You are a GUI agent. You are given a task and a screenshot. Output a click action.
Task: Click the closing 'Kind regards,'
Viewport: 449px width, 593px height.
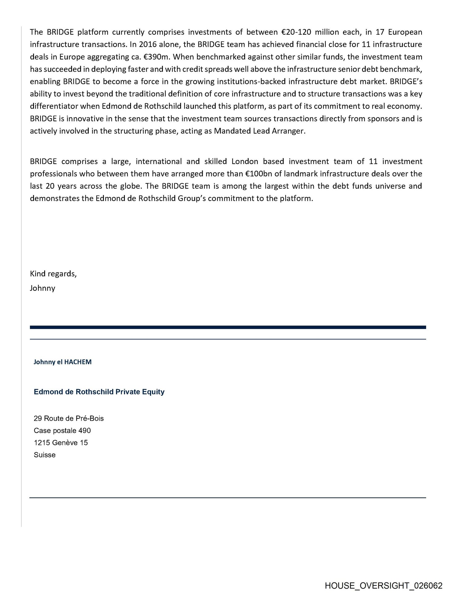(53, 274)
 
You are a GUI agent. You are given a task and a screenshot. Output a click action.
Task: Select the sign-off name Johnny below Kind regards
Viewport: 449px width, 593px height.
(42, 288)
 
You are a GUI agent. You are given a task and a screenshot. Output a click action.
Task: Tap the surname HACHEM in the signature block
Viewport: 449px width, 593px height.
(78, 362)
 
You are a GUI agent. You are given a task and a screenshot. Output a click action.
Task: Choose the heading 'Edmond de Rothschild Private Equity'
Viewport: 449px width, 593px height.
(99, 392)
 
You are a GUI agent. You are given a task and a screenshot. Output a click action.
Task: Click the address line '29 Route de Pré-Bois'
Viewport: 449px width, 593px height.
(69, 418)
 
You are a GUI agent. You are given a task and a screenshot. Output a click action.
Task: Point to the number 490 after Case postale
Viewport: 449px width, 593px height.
(84, 431)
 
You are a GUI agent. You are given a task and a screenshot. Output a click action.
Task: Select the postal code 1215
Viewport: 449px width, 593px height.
(42, 443)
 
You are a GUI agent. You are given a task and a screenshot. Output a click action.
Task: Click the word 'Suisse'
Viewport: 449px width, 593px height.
(44, 455)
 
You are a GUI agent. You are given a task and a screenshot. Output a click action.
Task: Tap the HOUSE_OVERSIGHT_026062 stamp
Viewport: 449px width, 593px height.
(383, 586)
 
